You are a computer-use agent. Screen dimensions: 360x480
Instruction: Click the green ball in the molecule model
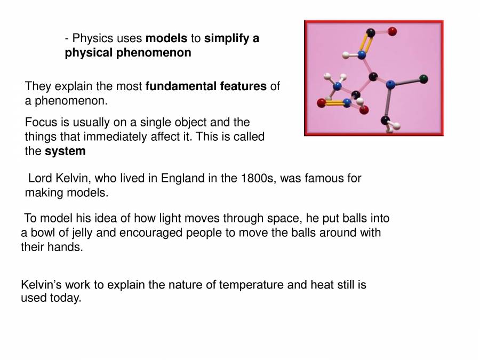[x=423, y=79]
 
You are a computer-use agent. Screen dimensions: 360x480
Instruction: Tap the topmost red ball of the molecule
[x=393, y=31]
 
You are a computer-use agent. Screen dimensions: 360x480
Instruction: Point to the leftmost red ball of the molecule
[x=321, y=102]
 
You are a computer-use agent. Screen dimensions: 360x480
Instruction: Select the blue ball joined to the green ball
[x=390, y=84]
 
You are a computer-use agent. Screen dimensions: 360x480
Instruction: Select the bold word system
[x=65, y=151]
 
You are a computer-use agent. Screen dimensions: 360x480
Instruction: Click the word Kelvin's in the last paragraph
[x=41, y=284]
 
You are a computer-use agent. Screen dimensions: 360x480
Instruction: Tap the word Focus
[x=41, y=123]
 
